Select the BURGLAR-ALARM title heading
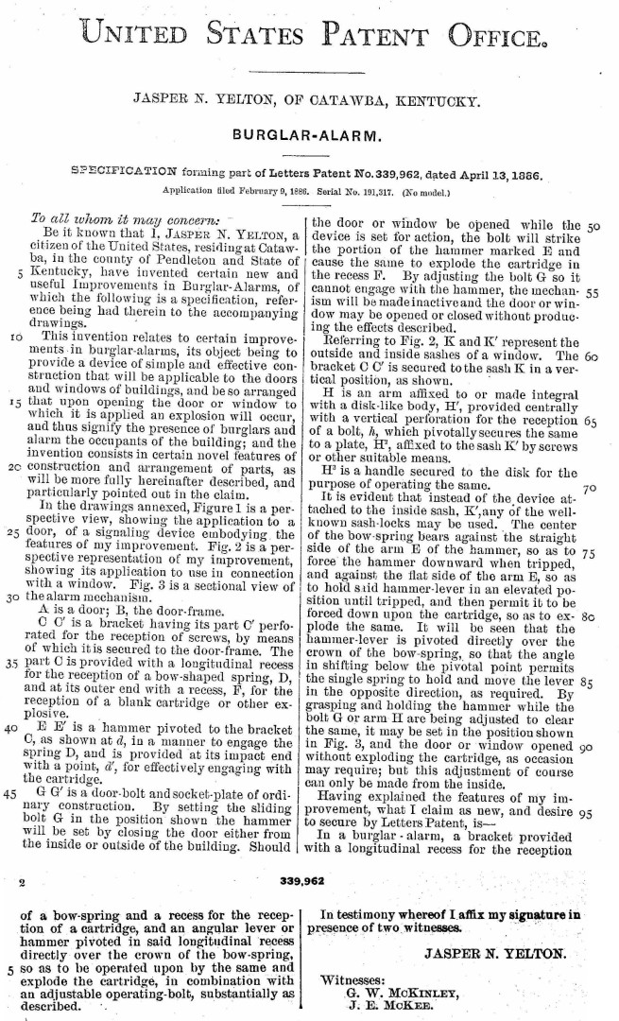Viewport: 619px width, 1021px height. click(x=309, y=134)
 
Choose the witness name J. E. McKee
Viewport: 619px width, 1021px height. click(x=384, y=1007)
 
